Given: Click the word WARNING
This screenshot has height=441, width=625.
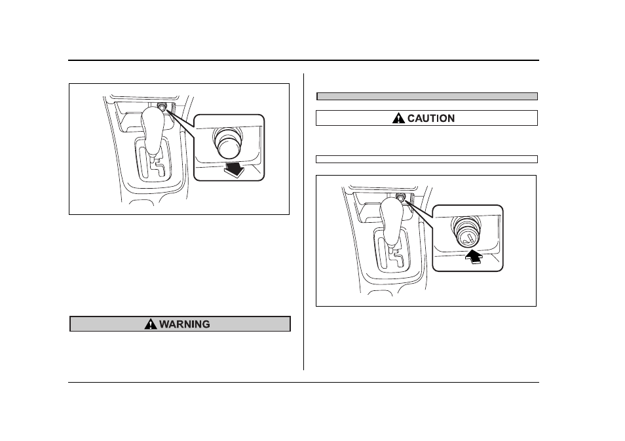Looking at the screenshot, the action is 185,324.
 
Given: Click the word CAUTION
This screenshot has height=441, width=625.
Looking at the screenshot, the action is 431,119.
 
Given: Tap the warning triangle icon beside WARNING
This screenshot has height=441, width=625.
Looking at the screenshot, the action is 151,324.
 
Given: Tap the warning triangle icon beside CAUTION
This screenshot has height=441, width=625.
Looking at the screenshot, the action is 398,118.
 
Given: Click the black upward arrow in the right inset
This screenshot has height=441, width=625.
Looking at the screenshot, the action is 474,257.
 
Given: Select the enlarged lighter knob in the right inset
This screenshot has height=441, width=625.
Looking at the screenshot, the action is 464,233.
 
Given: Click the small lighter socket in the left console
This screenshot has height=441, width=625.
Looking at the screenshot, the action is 162,107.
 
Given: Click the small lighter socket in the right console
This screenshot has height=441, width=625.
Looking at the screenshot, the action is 400,198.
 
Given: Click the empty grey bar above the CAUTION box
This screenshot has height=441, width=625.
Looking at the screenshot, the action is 427,96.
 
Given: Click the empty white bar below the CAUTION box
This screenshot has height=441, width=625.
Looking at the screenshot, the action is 427,159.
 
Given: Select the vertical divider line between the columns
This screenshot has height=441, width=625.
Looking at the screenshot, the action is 304,221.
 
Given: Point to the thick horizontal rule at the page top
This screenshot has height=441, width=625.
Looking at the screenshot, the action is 303,60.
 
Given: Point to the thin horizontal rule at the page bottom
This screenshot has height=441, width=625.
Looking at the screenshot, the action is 303,383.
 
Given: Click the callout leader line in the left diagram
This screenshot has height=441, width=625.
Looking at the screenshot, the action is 180,123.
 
